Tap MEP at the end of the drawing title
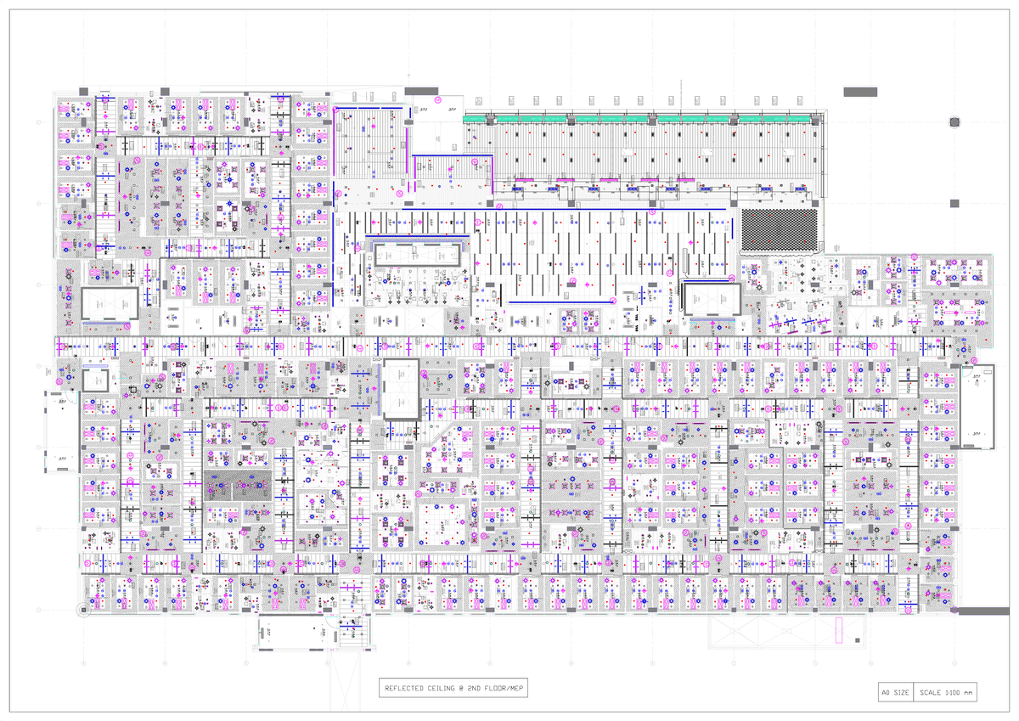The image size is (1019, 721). [514, 689]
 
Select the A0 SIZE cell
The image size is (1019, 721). [895, 693]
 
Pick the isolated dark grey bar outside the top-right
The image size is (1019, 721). [860, 91]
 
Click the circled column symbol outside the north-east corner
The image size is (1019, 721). [954, 122]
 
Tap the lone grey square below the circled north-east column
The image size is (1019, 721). [954, 203]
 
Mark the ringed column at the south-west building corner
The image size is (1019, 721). [82, 609]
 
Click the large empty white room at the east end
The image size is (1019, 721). [976, 408]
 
